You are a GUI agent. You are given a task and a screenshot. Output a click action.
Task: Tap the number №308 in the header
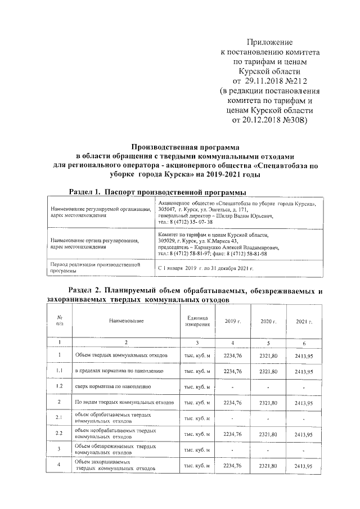click(x=294, y=119)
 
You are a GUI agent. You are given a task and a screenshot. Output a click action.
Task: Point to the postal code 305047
click(x=168, y=209)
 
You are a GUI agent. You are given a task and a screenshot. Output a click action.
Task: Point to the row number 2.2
click(x=59, y=434)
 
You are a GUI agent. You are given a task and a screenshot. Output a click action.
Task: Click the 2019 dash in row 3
click(x=232, y=449)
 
